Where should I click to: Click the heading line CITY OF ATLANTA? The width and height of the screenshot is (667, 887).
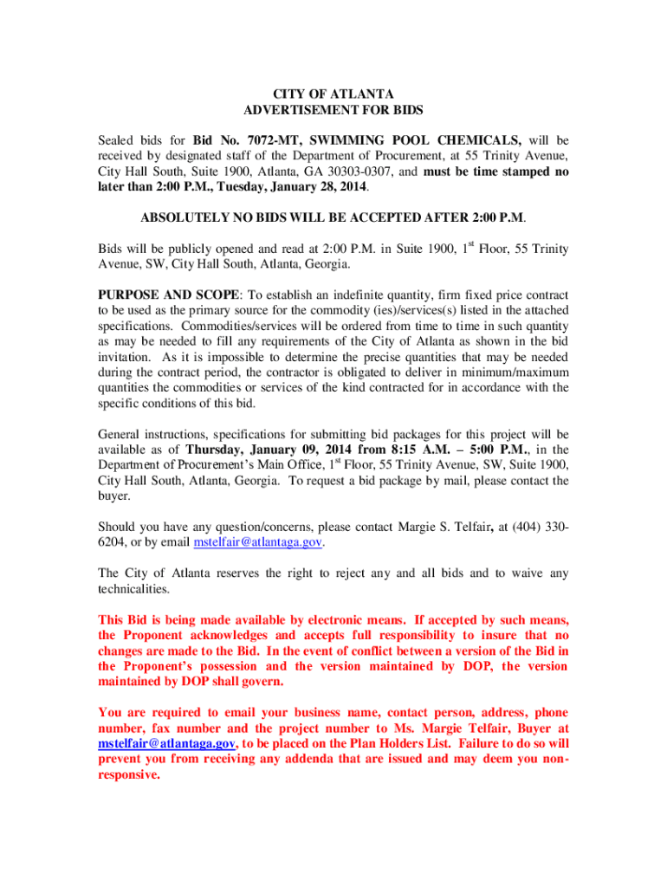[x=333, y=94]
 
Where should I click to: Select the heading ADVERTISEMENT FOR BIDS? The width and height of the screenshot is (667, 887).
[x=333, y=110]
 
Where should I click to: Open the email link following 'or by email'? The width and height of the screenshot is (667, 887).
[x=258, y=541]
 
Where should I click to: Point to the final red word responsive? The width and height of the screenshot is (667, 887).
[x=129, y=775]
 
